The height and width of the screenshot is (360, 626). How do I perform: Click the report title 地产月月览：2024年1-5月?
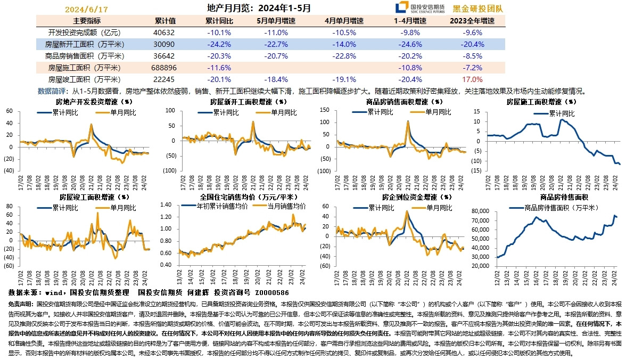[259, 8]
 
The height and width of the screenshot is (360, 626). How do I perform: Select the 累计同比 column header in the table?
[219, 21]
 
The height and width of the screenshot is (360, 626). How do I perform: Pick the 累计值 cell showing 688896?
[164, 68]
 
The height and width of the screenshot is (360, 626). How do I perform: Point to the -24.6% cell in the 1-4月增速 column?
[410, 44]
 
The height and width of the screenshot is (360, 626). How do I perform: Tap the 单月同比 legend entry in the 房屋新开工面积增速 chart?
[284, 112]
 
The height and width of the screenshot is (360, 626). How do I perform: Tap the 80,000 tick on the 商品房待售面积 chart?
[480, 211]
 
